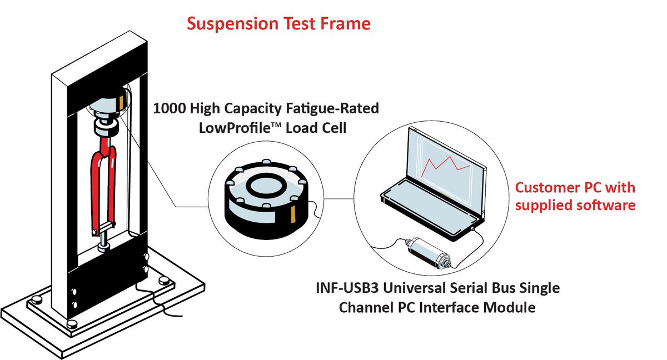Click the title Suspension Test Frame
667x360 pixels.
tap(278, 24)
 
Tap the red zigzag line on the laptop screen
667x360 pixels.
tap(448, 166)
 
